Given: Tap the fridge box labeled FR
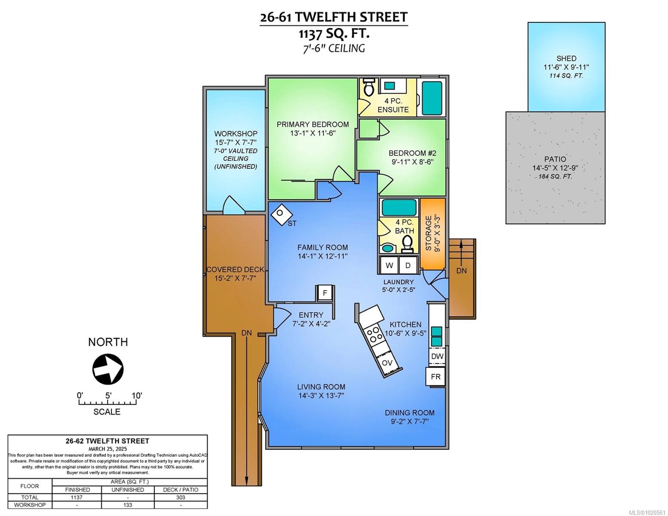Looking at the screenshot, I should point(435,377).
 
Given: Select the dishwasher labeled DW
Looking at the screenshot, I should point(437,356).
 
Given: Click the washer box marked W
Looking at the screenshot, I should point(389,265).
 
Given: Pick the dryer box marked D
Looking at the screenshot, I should point(408,265).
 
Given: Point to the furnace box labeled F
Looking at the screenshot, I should point(325,293).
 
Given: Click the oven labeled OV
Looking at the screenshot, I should point(387,362).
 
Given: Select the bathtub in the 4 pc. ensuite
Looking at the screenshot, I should point(432,98).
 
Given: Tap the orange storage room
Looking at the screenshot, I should point(432,233).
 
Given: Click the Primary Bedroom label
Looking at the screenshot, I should point(313,124).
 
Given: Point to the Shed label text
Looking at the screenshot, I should point(566,58).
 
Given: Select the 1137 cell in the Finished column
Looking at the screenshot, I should point(77,497).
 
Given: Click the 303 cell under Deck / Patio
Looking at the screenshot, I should point(181,497).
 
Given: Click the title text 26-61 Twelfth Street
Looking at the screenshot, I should point(333,17).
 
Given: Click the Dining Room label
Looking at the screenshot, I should point(409,413).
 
